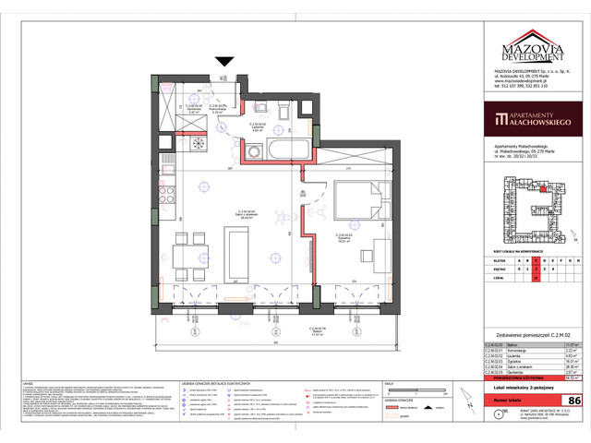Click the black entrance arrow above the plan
click(x=223, y=62)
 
